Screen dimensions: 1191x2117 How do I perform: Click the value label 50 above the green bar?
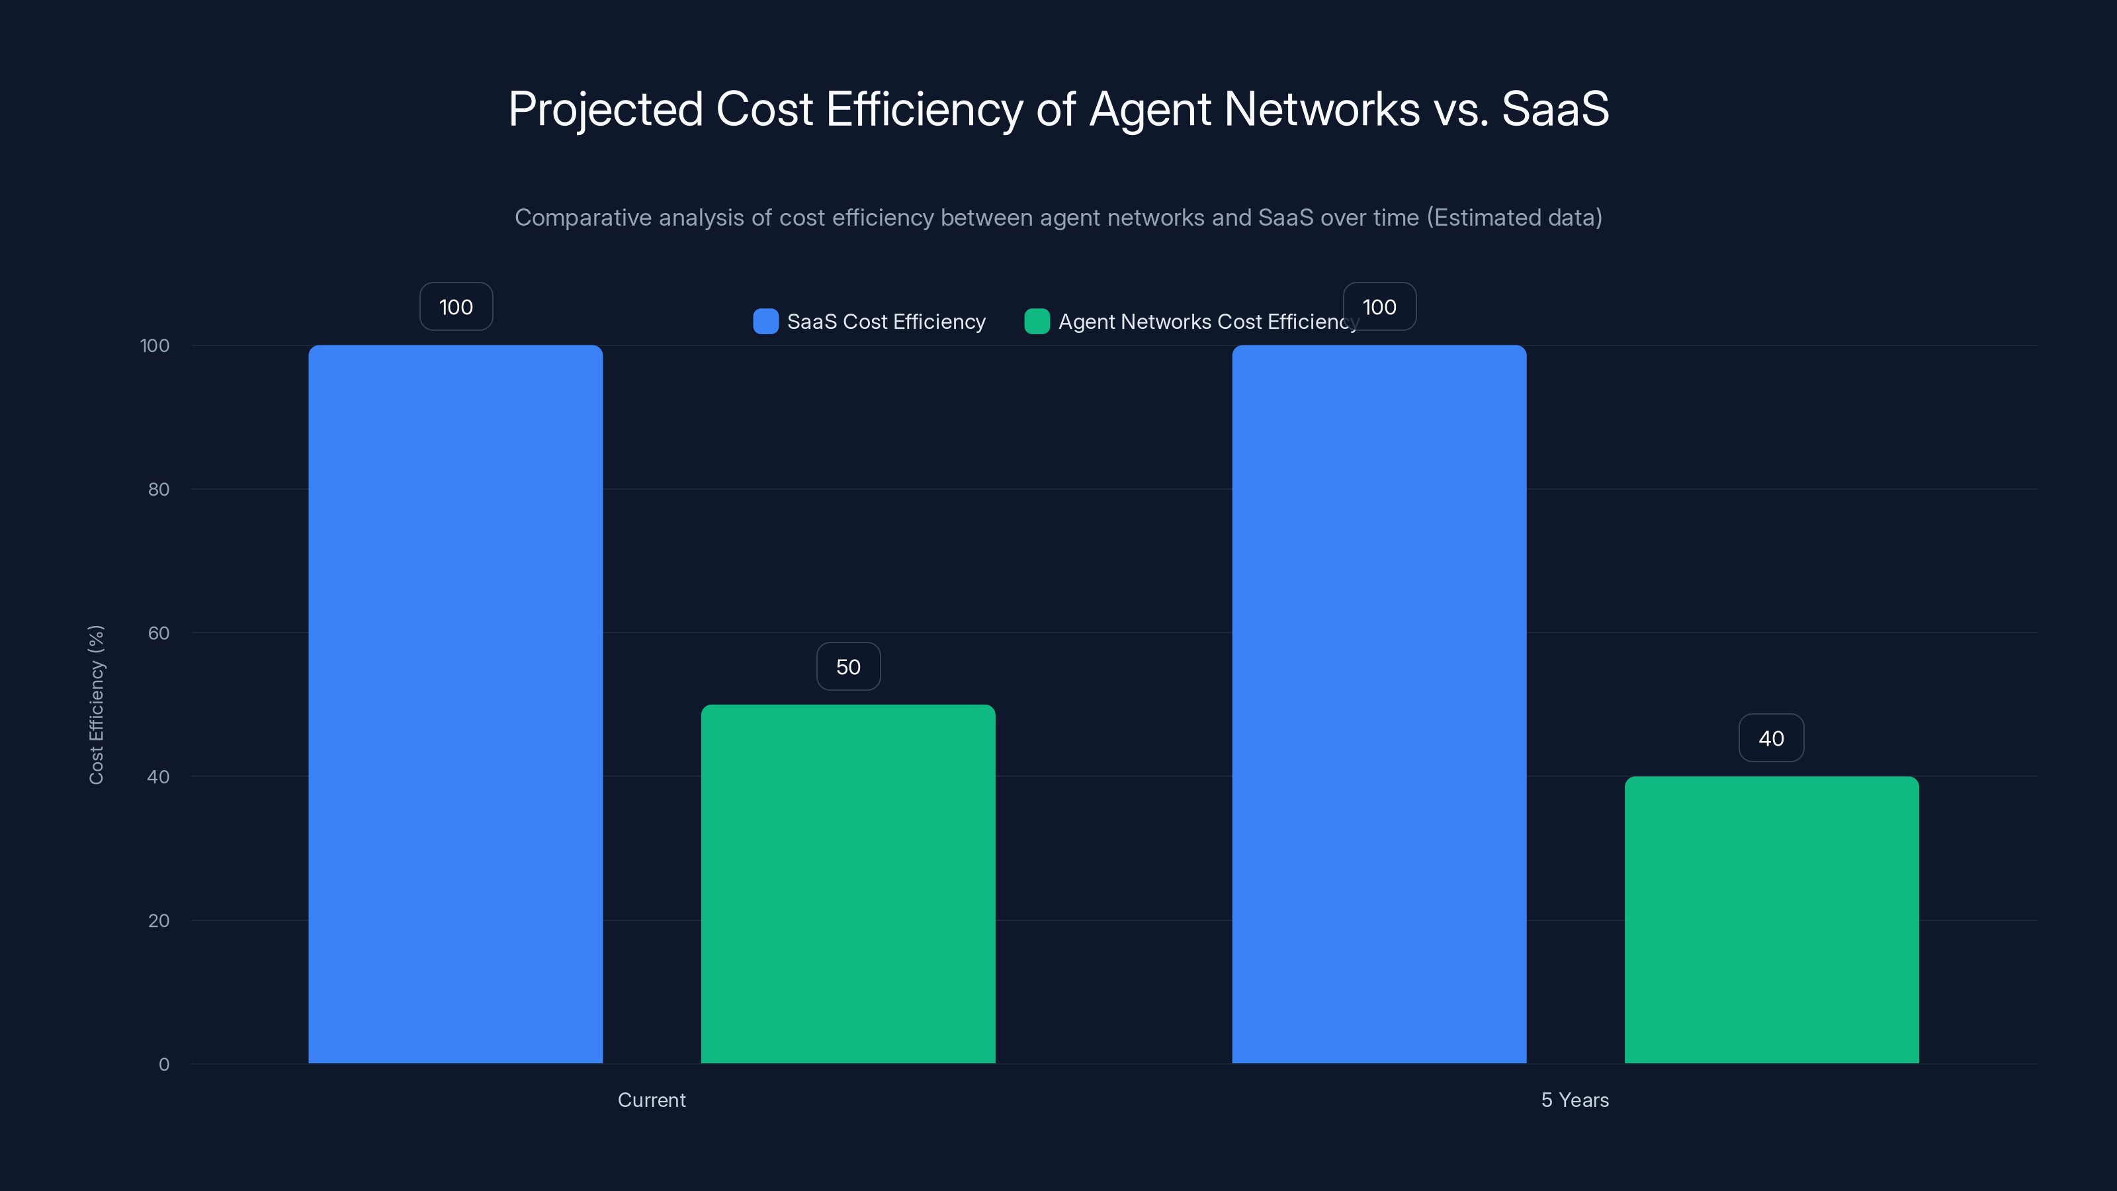click(x=848, y=666)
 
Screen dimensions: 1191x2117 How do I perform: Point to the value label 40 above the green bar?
click(x=1771, y=738)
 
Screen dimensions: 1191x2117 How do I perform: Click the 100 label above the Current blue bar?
click(x=456, y=306)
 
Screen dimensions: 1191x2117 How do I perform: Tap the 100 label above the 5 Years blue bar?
click(x=1379, y=306)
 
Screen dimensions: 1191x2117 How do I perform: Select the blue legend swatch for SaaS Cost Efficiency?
click(x=765, y=322)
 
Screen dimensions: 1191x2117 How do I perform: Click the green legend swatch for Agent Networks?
click(x=1036, y=322)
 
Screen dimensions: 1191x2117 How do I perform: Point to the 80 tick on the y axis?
click(x=159, y=489)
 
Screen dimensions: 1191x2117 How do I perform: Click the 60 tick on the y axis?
click(x=159, y=633)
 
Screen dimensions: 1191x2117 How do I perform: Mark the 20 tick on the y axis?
click(x=159, y=920)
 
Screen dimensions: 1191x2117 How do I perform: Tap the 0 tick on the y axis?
click(x=163, y=1065)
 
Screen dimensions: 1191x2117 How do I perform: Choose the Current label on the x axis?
click(x=651, y=1100)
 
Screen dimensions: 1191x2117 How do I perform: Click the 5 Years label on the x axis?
click(x=1575, y=1100)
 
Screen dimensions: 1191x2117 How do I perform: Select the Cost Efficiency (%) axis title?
click(x=96, y=705)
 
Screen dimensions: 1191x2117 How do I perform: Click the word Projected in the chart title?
click(x=605, y=109)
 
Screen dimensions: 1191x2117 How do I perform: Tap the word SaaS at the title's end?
click(x=1555, y=109)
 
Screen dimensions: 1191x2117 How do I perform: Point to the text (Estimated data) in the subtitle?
click(x=1514, y=218)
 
